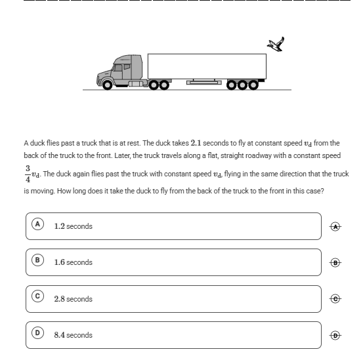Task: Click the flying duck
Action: click(276, 44)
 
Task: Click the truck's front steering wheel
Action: click(107, 85)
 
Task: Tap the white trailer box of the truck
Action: click(207, 67)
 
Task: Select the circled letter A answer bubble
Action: click(37, 224)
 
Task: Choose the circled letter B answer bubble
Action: click(37, 260)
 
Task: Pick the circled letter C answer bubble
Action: click(37, 296)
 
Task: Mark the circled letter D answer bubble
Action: click(37, 332)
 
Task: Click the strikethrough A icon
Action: click(335, 227)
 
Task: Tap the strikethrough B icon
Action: click(335, 263)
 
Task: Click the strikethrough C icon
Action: click(335, 299)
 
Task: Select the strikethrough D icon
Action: click(335, 335)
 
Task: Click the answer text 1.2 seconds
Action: click(73, 226)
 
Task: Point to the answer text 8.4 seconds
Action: click(73, 335)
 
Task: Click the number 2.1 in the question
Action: click(196, 143)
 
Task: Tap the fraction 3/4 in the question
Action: click(28, 174)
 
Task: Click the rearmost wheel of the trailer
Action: click(253, 85)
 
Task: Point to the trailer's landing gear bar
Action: click(204, 83)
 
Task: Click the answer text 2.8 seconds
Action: click(73, 299)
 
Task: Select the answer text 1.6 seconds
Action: click(73, 262)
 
